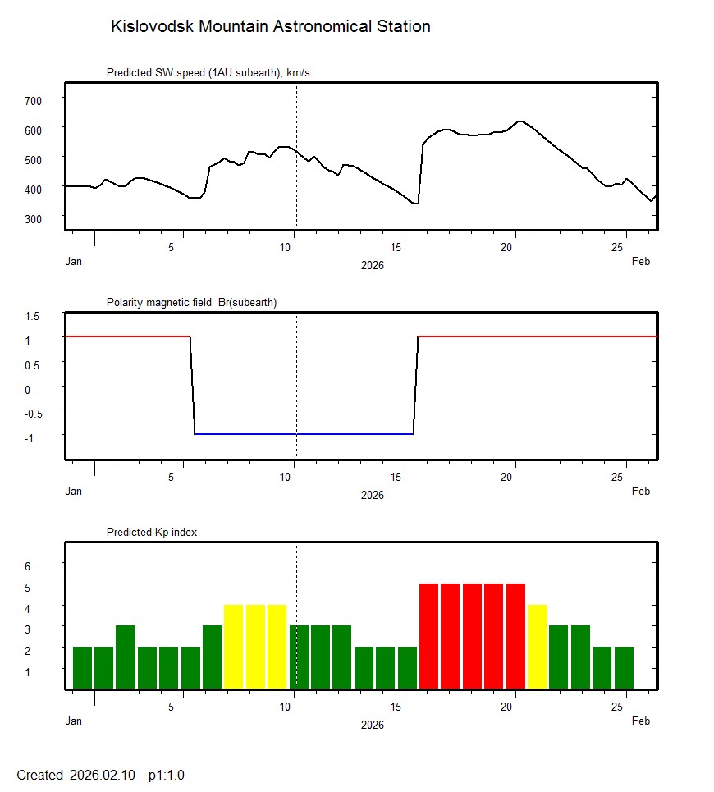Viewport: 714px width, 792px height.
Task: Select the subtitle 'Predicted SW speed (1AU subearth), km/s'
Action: pos(208,73)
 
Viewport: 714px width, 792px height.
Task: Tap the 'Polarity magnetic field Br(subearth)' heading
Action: pos(191,303)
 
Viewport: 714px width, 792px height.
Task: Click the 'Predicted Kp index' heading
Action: pos(152,533)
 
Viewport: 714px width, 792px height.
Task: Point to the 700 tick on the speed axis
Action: pos(33,100)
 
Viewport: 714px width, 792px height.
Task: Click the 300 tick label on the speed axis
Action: pos(33,218)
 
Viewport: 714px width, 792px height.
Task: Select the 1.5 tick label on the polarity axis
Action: pos(32,316)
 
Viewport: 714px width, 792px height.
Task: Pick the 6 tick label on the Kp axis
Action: pos(27,566)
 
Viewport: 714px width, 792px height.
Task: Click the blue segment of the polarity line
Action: pos(304,433)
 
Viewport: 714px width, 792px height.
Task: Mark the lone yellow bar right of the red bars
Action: pos(537,647)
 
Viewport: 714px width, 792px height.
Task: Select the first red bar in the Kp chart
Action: pos(429,636)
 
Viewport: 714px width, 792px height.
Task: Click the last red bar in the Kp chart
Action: pos(515,636)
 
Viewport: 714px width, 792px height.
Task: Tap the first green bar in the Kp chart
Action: pos(82,667)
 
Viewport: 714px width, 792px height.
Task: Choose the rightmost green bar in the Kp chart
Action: pos(624,667)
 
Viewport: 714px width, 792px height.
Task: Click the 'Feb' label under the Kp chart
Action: pos(641,721)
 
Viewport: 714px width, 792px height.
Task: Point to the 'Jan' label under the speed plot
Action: pos(74,262)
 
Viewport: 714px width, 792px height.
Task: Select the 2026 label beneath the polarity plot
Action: pos(372,495)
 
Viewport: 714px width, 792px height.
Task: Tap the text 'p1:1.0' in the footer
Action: pos(167,775)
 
